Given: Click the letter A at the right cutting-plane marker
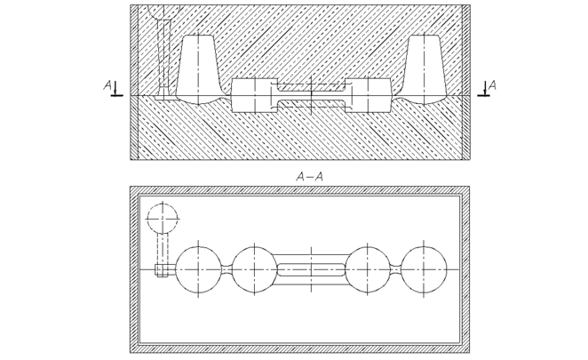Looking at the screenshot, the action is click(492, 85).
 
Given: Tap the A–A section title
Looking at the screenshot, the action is click(309, 177).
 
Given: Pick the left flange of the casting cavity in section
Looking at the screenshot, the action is click(250, 95).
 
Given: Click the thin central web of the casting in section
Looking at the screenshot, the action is click(311, 95).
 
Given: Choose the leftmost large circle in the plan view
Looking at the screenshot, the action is click(198, 268).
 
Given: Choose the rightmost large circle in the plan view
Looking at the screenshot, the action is click(425, 268).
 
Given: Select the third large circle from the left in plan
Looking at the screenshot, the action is click(369, 268).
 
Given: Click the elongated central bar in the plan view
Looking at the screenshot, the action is click(311, 268).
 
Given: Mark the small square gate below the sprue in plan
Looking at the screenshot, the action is click(162, 269).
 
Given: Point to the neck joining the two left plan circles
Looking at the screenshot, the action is click(226, 268).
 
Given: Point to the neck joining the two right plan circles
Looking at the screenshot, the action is click(396, 268).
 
